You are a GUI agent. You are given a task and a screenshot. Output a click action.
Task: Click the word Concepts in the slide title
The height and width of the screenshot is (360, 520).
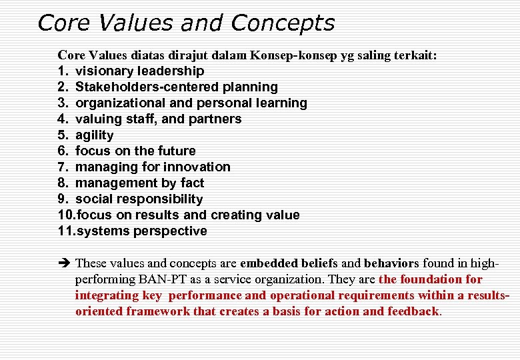(282, 24)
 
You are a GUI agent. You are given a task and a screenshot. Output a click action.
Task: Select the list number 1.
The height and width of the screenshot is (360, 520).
(62, 71)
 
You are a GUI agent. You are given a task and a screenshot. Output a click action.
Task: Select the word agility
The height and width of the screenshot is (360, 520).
(95, 135)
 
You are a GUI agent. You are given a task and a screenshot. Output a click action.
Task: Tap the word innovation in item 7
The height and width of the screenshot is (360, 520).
(197, 167)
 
